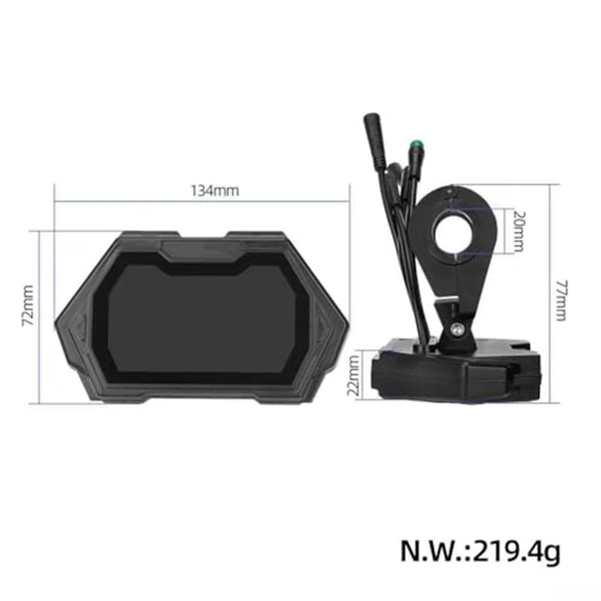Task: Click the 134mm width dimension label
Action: [215, 190]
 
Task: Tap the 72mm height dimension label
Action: [28, 305]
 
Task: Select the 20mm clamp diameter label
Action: [517, 231]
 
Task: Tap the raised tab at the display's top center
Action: [201, 250]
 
